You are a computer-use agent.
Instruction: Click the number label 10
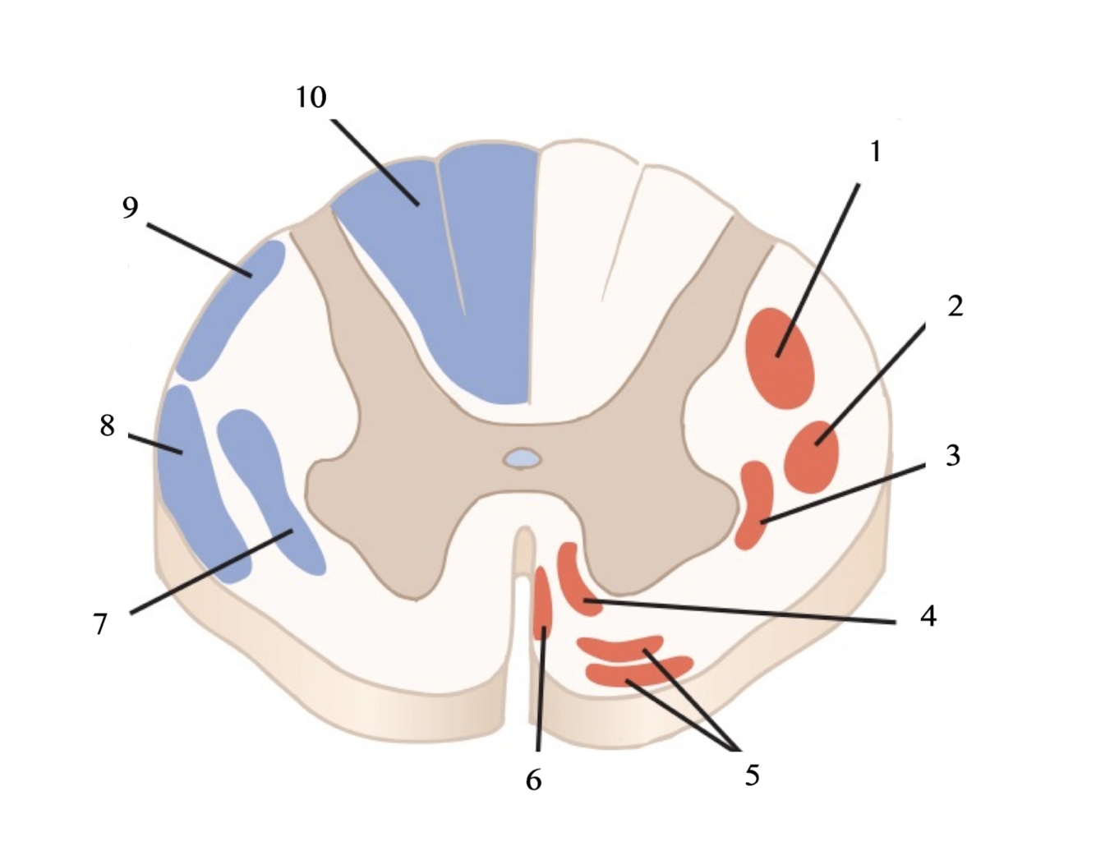(311, 97)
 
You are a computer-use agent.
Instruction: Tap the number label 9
(131, 208)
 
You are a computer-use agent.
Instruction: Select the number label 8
(108, 425)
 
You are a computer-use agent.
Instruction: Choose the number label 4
(928, 615)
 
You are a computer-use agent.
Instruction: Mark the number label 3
(953, 455)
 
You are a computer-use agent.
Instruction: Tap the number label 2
(955, 306)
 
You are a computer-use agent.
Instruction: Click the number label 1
(876, 151)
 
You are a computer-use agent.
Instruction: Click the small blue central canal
(523, 458)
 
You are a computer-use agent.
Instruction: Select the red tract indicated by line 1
(780, 358)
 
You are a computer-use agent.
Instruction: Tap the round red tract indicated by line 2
(812, 457)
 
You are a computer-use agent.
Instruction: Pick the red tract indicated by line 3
(754, 503)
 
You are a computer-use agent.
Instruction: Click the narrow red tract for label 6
(542, 604)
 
